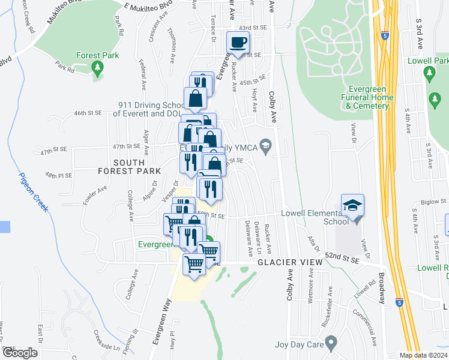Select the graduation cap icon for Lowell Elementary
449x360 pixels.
click(352, 205)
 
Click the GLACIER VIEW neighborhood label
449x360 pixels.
click(282, 263)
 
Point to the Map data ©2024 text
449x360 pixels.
click(423, 355)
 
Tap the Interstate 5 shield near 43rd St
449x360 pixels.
click(385, 35)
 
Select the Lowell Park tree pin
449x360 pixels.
click(429, 74)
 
